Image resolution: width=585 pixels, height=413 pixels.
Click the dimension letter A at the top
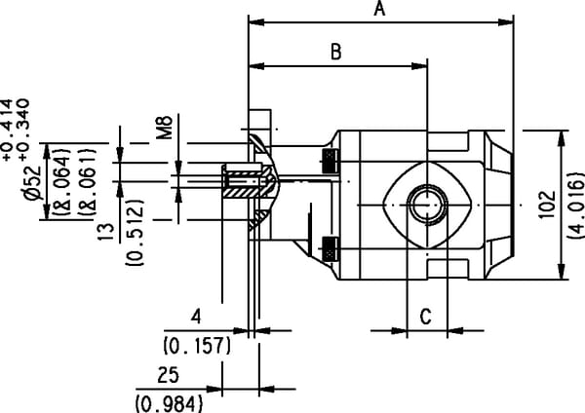pos(380,10)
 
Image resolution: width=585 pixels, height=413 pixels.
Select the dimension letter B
pos(335,53)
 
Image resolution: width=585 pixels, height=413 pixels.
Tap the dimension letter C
pos(425,316)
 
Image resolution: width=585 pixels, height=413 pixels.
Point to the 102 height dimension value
pos(544,206)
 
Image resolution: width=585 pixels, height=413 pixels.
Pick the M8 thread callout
pos(165,127)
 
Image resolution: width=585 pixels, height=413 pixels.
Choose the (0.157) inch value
pos(194,345)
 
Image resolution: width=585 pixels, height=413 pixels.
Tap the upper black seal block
pos(331,159)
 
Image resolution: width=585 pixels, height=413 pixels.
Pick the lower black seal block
pos(331,248)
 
